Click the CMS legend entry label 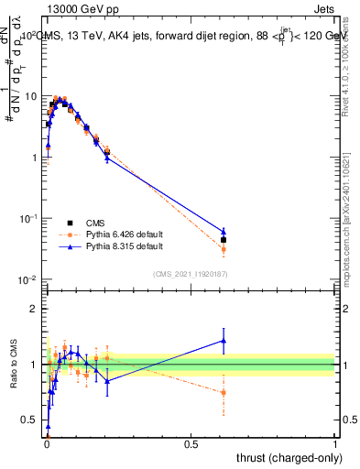(x=95, y=223)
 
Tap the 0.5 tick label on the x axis (x=191, y=443)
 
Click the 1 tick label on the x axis (x=335, y=443)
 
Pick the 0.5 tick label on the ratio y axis (x=30, y=420)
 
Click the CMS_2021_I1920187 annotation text (x=190, y=274)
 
